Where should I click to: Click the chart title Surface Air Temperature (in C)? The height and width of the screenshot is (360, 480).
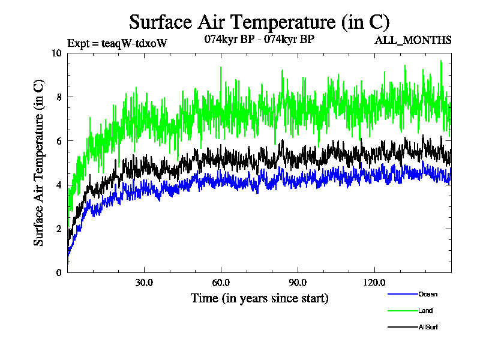point(259,22)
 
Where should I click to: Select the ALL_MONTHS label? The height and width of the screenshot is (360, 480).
point(413,40)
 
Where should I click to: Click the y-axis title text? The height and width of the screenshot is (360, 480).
point(38,163)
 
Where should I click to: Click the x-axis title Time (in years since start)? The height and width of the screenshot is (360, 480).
point(259,298)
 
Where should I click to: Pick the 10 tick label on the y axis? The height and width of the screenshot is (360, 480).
point(56,53)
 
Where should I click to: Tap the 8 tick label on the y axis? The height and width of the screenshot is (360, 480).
point(59,97)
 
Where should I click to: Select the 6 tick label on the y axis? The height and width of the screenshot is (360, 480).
point(59,140)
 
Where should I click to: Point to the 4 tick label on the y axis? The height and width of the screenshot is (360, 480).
point(59,185)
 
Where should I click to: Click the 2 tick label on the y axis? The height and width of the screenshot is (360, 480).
point(59,229)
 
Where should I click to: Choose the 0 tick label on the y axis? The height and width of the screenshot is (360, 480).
point(59,272)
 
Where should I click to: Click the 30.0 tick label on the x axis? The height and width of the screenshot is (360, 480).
point(144,282)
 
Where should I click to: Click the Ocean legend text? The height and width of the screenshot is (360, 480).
point(428,294)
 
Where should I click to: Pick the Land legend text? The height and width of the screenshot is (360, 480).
point(425,311)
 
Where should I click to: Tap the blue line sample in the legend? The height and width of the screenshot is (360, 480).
point(403,294)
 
